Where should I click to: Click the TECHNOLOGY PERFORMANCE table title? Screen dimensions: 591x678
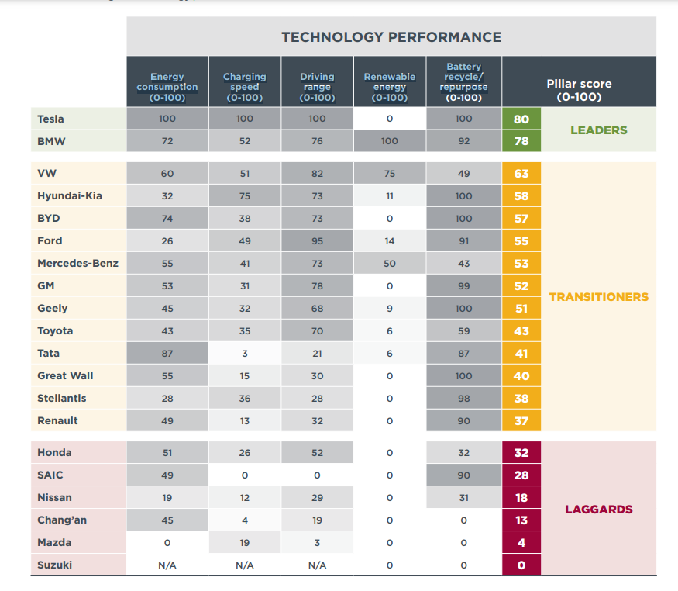coord(391,37)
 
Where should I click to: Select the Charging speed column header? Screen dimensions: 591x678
coord(244,82)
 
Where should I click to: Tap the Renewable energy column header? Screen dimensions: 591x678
coord(389,82)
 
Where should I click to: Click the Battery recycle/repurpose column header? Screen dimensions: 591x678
coord(463,82)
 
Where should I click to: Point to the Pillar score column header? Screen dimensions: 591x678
coord(579,90)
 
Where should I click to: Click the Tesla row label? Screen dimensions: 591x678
coord(50,119)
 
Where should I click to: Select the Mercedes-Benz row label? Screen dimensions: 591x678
coord(77,263)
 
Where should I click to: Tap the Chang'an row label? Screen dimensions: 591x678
coord(62,520)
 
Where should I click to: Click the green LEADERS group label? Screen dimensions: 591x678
coord(598,130)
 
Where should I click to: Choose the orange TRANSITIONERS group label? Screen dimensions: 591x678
coord(598,296)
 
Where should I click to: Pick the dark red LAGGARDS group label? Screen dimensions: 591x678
coord(598,510)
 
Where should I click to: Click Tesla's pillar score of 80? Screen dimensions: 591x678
coord(521,119)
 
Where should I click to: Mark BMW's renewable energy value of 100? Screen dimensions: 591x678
coord(389,141)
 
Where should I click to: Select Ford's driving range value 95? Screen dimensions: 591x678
coord(317,240)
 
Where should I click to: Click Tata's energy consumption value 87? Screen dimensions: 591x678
coord(167,353)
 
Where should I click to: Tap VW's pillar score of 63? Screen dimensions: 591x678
coord(521,174)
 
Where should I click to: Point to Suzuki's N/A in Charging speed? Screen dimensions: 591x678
coord(244,565)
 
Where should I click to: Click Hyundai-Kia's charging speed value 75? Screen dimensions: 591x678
coord(244,196)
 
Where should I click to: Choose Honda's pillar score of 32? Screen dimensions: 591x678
coord(521,453)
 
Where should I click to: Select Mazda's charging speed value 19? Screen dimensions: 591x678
coord(244,542)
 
